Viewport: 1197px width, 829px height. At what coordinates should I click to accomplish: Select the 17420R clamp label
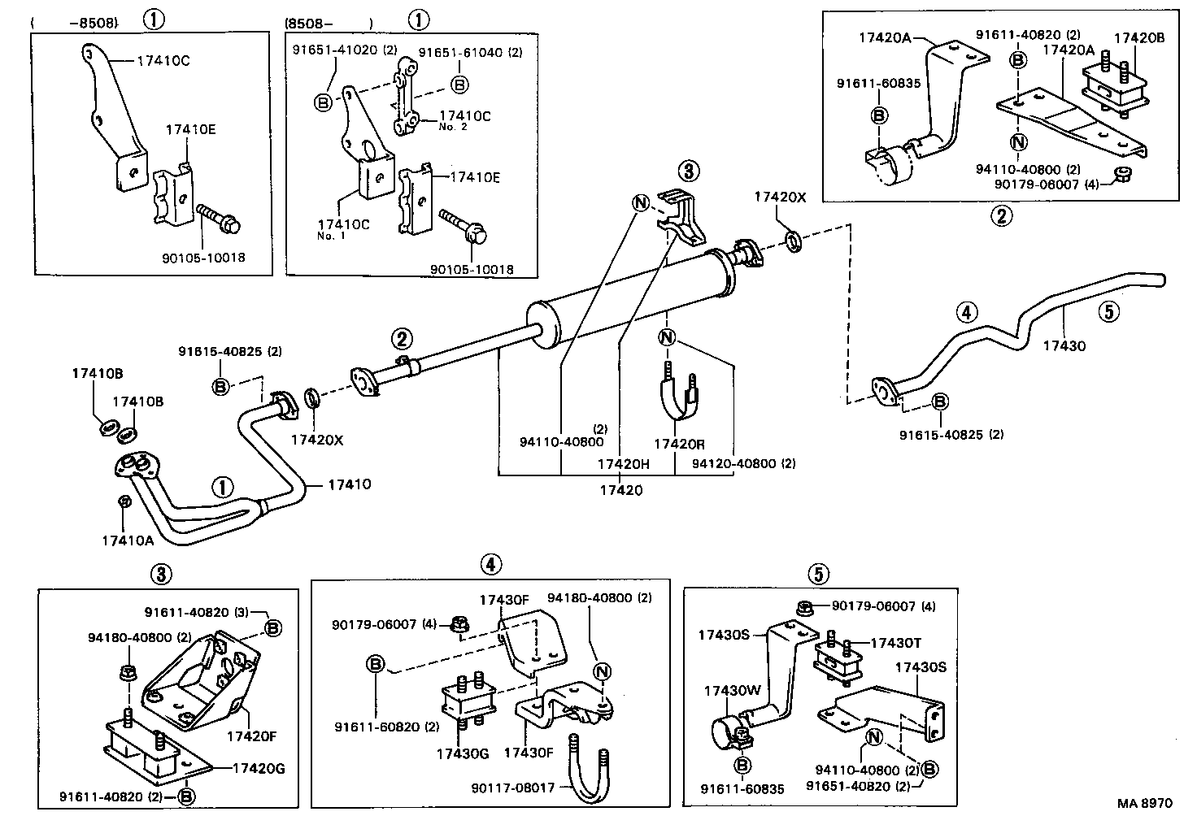coord(679,445)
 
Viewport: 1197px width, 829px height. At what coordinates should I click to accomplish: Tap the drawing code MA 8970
coord(1144,803)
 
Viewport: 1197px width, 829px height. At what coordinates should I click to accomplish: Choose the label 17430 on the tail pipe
coord(1064,345)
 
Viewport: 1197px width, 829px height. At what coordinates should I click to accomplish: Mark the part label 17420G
coord(259,768)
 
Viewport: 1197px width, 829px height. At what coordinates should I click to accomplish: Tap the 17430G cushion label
coord(462,753)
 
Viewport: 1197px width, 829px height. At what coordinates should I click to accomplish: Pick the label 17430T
coord(895,643)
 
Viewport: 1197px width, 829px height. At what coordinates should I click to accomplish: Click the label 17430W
coord(731,691)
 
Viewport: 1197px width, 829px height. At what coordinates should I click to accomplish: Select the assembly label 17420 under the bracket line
coord(620,490)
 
